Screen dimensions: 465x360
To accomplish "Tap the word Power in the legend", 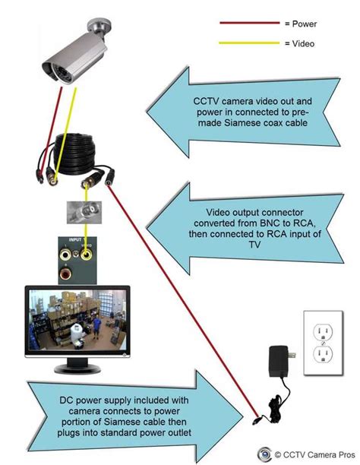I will pos(303,24).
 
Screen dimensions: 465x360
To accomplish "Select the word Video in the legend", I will pos(302,43).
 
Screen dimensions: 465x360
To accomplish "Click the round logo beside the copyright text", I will pos(263,454).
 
